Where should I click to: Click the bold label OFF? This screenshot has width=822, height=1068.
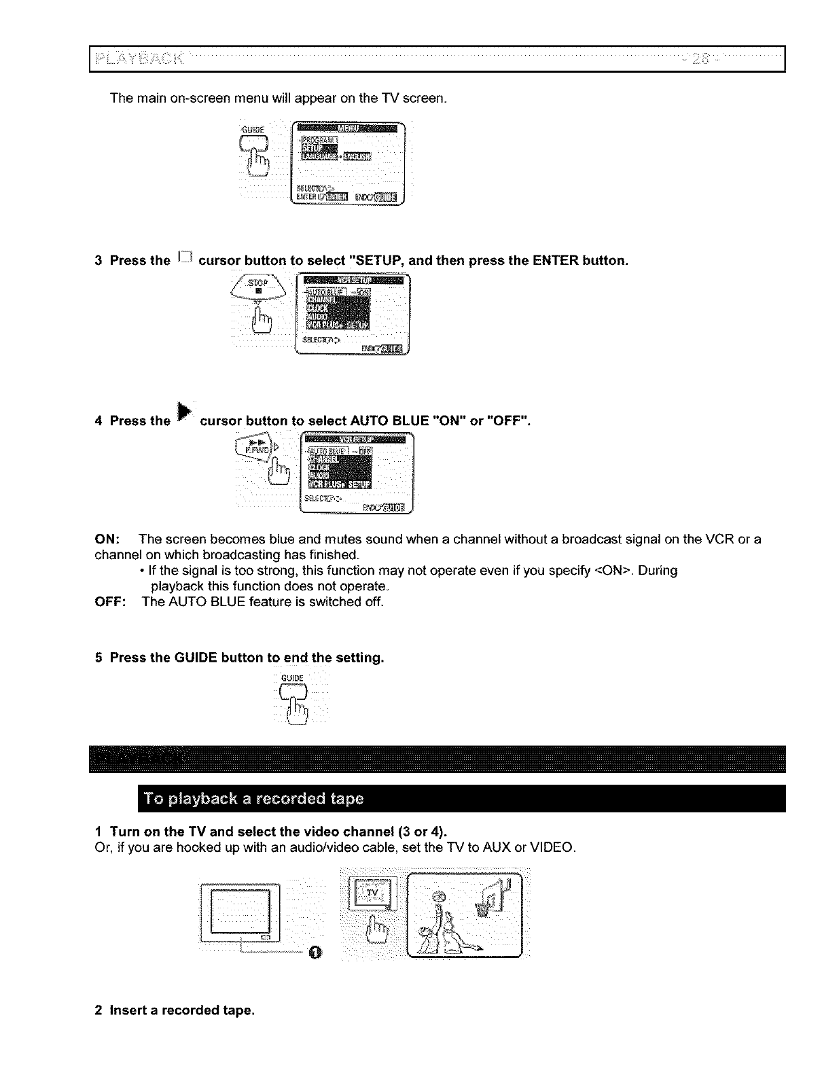(110, 602)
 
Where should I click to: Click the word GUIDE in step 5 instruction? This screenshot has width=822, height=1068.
(196, 658)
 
